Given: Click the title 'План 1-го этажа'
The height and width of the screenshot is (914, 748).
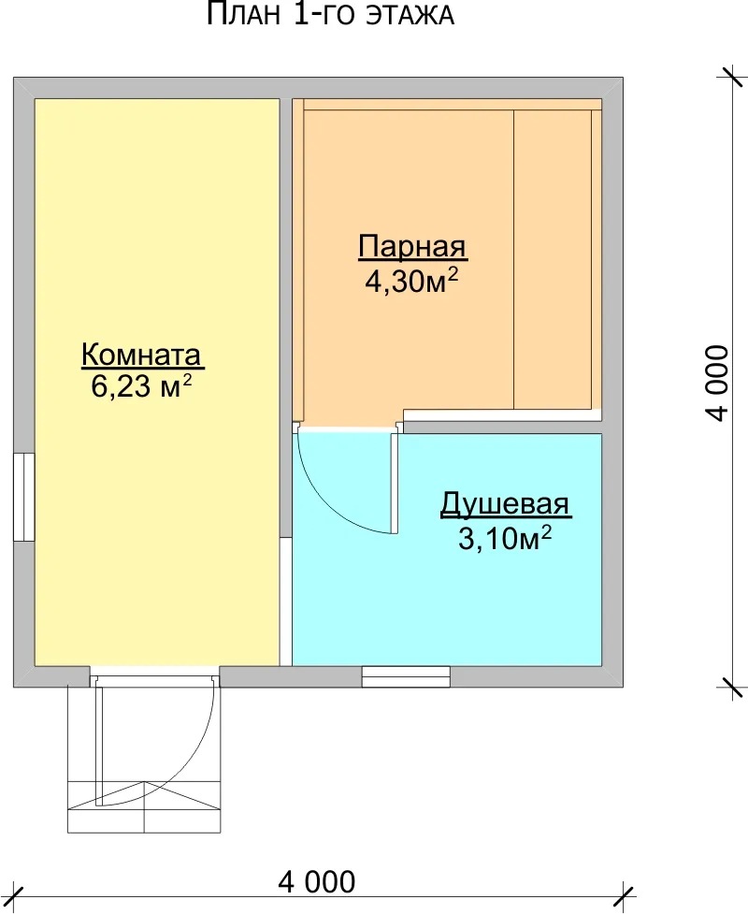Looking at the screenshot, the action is [x=330, y=14].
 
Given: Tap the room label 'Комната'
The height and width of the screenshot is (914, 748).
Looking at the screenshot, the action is [x=141, y=355].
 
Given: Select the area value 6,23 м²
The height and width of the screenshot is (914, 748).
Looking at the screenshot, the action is [x=141, y=385].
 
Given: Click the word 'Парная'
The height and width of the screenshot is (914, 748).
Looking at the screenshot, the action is [x=412, y=247].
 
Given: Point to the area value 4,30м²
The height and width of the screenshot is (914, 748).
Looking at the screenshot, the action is [x=411, y=281].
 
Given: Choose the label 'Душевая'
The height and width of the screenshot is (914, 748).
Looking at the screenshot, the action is [x=505, y=504].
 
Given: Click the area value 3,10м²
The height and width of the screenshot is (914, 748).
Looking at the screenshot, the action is [x=505, y=538].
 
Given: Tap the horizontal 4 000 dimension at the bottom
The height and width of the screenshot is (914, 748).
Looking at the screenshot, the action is [x=316, y=882].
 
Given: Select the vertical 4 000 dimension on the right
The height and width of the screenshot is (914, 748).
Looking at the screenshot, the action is [x=717, y=383].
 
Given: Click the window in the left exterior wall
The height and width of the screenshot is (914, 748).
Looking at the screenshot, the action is [x=24, y=497].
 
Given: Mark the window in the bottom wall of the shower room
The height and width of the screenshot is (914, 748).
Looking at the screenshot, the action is [x=406, y=676].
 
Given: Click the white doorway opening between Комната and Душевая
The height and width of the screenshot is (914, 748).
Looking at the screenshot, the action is [x=285, y=602].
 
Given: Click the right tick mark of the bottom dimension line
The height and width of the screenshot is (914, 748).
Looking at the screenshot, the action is [x=626, y=899].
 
